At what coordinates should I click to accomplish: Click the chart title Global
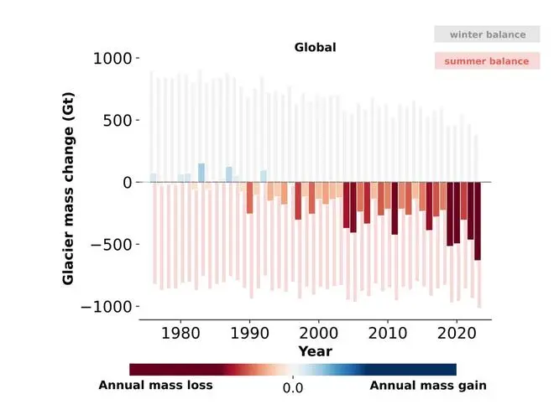tap(315, 47)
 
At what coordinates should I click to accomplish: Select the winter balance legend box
tap(487, 34)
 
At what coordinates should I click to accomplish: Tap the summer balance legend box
tap(487, 60)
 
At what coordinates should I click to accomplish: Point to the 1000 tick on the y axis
tap(112, 59)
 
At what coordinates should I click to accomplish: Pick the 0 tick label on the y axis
tap(127, 182)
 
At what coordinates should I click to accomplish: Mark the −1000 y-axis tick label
tap(104, 306)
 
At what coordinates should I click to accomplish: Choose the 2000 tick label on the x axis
tap(318, 334)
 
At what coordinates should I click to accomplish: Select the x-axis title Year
tap(315, 351)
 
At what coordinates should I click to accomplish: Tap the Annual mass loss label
tap(155, 386)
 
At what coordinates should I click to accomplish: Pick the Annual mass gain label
tap(428, 386)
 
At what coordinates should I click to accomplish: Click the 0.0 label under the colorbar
tap(292, 389)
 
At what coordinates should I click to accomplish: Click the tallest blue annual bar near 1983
tap(201, 173)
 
